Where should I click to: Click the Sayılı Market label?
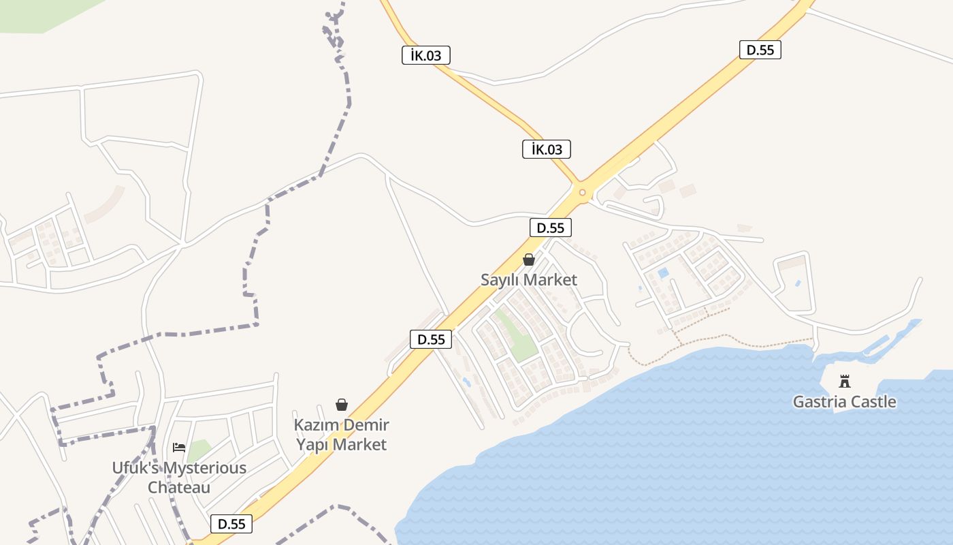pos(529,280)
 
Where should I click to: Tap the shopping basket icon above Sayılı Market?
pos(529,260)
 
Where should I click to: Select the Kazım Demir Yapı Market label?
pos(341,435)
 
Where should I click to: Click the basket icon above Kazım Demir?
pos(342,405)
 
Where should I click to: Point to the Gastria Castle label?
pos(844,402)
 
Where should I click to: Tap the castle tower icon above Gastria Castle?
pos(845,381)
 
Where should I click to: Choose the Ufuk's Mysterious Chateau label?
pos(179,478)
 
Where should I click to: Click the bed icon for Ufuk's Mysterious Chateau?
pos(179,448)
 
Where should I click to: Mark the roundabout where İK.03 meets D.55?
pos(582,192)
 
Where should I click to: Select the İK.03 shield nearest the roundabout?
pos(546,149)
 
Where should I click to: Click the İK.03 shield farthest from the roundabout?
pos(426,55)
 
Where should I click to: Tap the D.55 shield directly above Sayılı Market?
pos(551,228)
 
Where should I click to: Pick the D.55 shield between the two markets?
pos(431,339)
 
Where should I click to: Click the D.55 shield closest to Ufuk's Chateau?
pos(231,524)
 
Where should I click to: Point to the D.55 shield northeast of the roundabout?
pos(760,50)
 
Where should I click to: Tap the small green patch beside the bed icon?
pos(198,450)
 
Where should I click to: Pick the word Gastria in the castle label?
pos(818,402)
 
